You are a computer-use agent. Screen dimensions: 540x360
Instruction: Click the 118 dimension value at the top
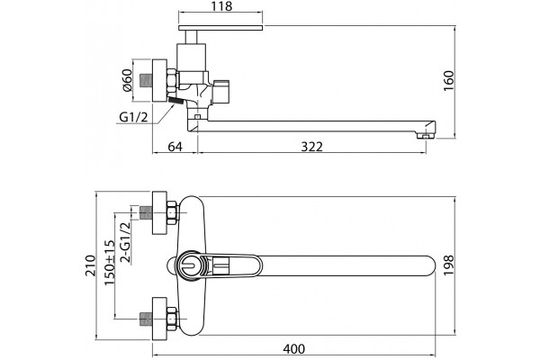pos(220,6)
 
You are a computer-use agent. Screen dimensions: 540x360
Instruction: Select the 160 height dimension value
pos(449,81)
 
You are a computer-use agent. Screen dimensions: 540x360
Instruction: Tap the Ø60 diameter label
pos(127,80)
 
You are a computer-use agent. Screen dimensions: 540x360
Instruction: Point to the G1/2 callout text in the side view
pos(133,117)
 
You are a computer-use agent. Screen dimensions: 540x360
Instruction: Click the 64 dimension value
pos(175,147)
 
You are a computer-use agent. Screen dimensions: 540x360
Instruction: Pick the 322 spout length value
pos(312,147)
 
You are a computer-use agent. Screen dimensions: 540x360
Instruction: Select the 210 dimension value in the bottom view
pos(91,265)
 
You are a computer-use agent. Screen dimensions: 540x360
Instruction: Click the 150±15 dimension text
pos(109,263)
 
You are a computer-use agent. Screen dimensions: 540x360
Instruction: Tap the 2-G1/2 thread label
pos(126,242)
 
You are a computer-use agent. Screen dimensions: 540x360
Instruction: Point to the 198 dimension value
pos(449,265)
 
